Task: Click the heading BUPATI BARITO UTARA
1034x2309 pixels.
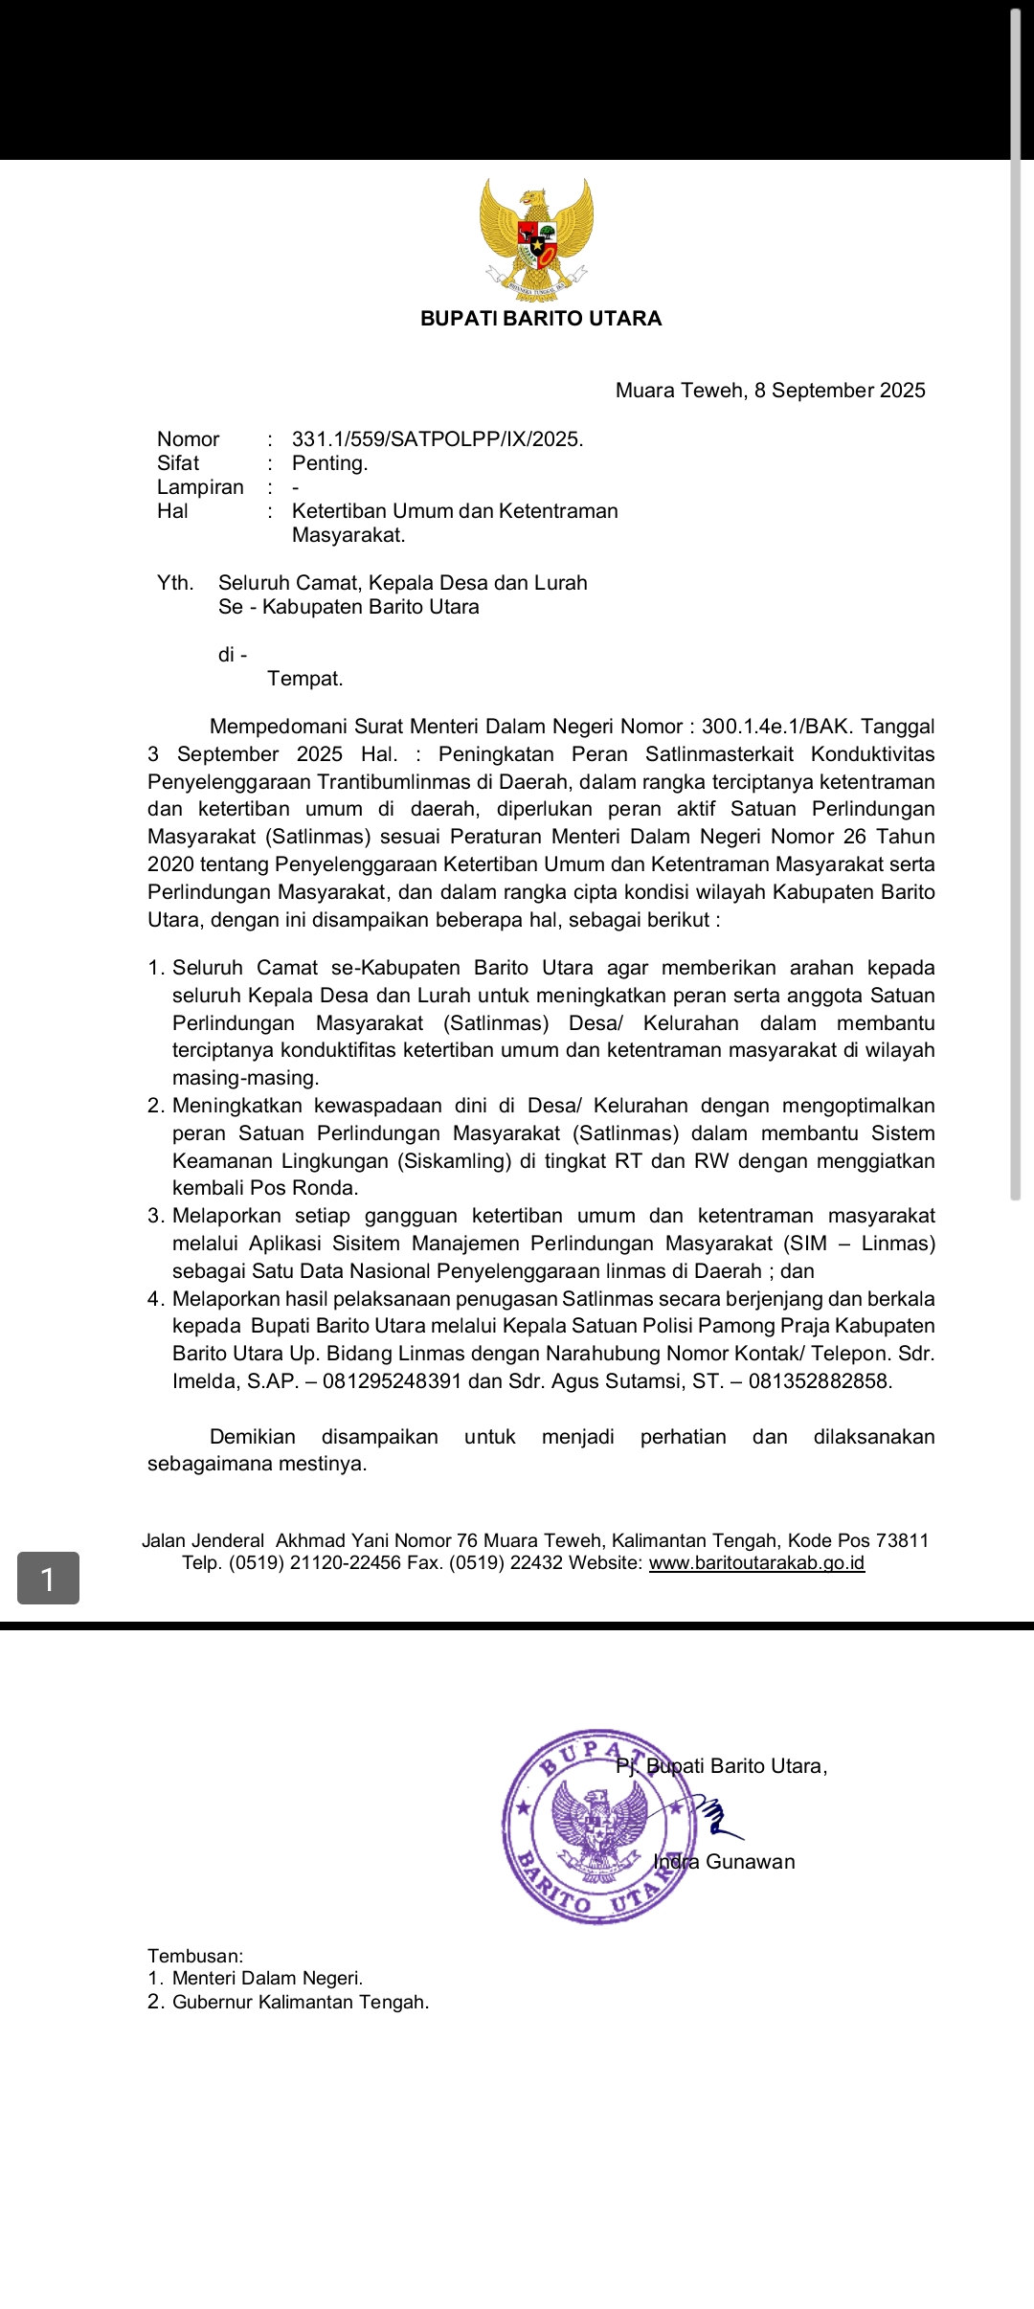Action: tap(541, 319)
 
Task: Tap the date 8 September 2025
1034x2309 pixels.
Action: tap(840, 391)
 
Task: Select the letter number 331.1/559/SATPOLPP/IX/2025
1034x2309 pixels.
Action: tap(438, 439)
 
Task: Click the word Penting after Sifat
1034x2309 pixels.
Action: tap(329, 463)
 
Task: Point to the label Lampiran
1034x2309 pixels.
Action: tap(200, 487)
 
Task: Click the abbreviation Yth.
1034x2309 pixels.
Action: tap(175, 583)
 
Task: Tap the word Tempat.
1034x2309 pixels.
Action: tap(304, 679)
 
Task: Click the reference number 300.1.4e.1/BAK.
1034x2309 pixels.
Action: tap(777, 727)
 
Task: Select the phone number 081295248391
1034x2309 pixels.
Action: tap(393, 1381)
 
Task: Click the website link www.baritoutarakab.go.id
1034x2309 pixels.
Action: tap(756, 1563)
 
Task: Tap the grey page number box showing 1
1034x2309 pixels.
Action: tap(48, 1578)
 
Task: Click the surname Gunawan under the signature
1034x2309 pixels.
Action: tap(751, 1862)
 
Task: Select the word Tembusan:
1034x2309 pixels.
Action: tap(195, 1956)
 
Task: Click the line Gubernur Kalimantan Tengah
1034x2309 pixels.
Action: tap(300, 2002)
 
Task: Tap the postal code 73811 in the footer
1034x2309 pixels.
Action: tap(902, 1540)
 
